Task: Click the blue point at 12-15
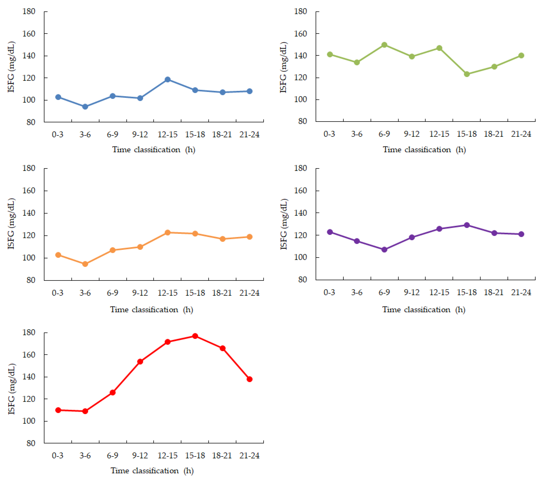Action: (168, 79)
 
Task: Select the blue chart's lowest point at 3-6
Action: (85, 107)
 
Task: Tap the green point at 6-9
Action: (384, 45)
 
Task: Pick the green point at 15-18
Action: (467, 74)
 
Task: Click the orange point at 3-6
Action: (85, 264)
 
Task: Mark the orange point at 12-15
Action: (168, 233)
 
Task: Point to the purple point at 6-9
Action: (384, 250)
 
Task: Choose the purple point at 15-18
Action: (467, 225)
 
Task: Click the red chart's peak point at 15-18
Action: (195, 336)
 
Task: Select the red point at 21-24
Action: (250, 379)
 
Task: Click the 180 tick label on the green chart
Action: (301, 11)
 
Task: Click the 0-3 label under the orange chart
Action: (58, 293)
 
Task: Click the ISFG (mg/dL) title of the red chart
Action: (11, 389)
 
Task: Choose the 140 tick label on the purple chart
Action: (301, 213)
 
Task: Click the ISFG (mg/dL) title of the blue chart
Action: (11, 67)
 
